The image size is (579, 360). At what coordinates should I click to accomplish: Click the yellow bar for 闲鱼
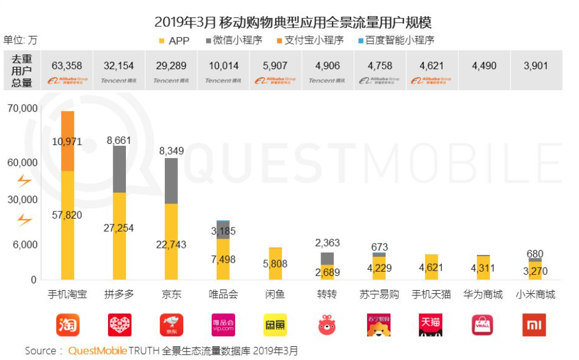(275, 264)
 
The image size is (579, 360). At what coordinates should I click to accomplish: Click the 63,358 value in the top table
(67, 66)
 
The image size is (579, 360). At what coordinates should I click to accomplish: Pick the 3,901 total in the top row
(535, 66)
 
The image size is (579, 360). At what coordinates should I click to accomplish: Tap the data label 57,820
(67, 215)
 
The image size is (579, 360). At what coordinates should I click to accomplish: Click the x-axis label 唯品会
(223, 294)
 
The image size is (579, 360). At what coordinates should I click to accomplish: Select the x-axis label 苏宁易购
(379, 294)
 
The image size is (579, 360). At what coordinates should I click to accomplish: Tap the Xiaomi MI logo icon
(534, 325)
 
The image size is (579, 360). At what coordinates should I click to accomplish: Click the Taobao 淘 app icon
(67, 325)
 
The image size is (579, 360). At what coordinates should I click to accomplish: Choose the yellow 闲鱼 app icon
(275, 325)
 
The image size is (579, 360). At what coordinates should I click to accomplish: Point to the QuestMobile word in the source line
(97, 350)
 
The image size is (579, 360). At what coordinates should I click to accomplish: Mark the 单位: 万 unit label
(20, 41)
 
